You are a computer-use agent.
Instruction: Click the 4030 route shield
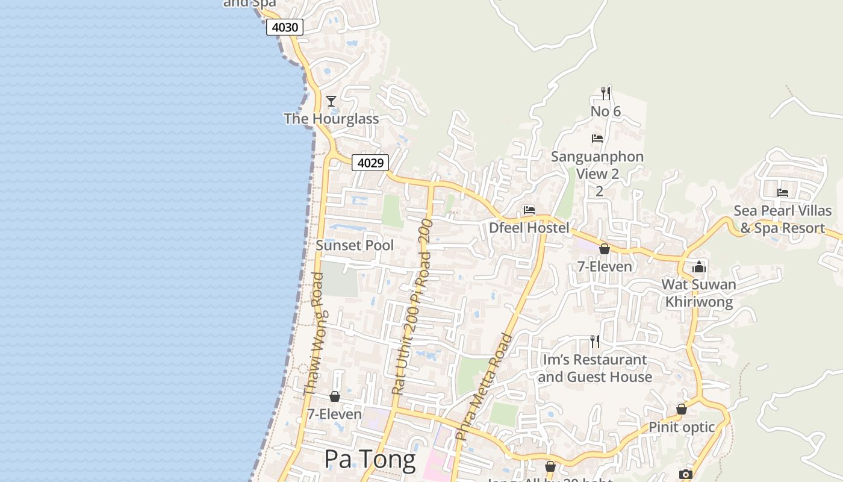pos(284,27)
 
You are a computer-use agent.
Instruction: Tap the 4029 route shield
pos(370,163)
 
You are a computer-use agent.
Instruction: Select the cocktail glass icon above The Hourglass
pos(331,101)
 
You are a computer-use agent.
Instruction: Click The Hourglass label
pos(331,119)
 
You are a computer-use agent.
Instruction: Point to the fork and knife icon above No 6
pos(606,93)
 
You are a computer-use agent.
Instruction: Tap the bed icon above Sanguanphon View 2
pos(597,139)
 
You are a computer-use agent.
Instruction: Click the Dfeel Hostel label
pos(529,228)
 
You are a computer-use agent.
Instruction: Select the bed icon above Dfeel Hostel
pos(529,210)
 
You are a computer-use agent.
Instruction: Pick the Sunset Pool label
pos(355,245)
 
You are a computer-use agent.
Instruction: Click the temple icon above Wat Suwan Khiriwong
pos(699,267)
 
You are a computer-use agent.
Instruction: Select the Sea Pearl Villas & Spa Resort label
pos(782,219)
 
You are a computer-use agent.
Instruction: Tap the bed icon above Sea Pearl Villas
pos(783,193)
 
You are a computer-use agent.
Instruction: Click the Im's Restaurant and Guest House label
pos(595,368)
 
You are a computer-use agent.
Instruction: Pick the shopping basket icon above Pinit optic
pos(682,410)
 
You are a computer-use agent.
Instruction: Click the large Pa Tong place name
pos(370,460)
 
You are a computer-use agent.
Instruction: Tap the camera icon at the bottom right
pos(685,475)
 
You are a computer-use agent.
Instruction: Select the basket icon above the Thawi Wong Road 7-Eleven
pos(335,396)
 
